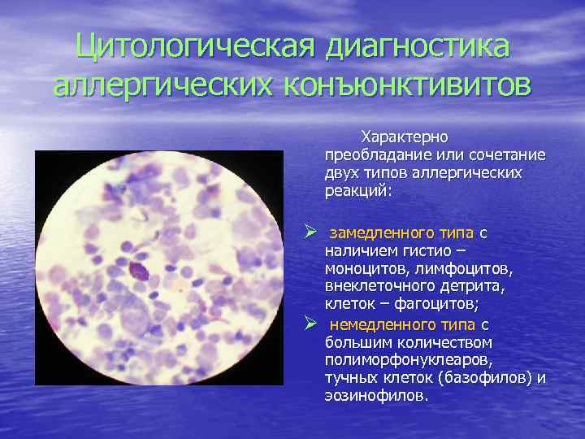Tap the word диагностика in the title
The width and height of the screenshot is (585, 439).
click(418, 46)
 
